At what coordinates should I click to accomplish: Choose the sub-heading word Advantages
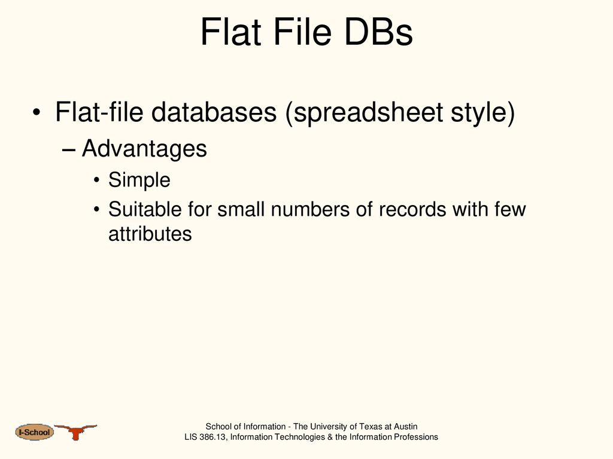click(x=144, y=149)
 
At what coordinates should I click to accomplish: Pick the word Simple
click(x=139, y=180)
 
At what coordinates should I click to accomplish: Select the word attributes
click(x=150, y=234)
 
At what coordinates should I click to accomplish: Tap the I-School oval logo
click(x=34, y=432)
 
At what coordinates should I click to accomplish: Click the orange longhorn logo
click(x=75, y=432)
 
